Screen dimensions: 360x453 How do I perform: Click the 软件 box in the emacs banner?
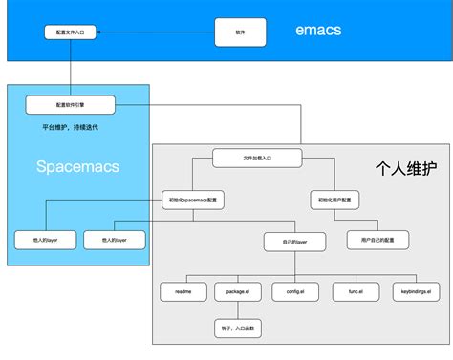240,32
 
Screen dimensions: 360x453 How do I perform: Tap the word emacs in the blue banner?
318,31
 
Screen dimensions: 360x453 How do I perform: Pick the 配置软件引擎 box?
71,103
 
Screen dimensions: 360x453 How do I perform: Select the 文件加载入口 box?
256,157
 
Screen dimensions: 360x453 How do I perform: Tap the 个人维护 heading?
405,169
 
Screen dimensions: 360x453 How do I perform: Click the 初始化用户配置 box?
336,200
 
